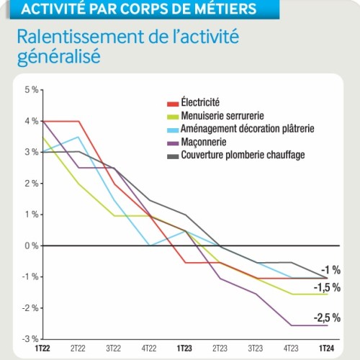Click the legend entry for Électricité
200,104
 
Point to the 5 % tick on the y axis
31,90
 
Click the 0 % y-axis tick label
31,246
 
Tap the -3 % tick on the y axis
30,338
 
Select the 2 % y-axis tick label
31,184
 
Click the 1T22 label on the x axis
44,347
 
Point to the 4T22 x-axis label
149,347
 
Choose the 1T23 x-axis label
185,347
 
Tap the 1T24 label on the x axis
327,347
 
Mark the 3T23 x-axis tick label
256,347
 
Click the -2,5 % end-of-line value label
326,318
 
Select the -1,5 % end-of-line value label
326,287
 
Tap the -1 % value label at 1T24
330,269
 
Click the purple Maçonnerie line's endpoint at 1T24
327,325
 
